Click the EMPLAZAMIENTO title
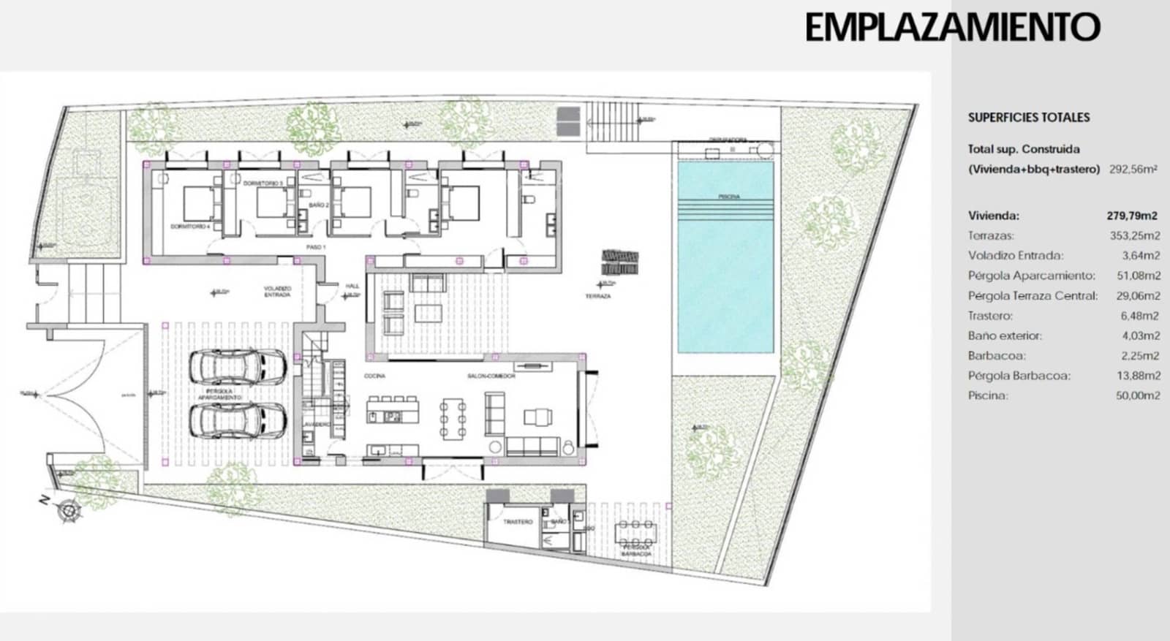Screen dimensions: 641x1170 (952, 28)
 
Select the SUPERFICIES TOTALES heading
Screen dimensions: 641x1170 (1029, 117)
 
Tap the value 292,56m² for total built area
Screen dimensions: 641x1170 (1133, 169)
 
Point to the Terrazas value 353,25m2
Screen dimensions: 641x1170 (1135, 236)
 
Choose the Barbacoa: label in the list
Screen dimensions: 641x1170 (997, 356)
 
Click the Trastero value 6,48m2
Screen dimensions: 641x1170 (1140, 316)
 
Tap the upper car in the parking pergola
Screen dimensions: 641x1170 (238, 365)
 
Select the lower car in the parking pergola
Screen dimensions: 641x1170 (238, 420)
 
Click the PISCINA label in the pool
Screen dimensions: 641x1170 (728, 197)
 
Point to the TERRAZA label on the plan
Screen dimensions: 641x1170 (597, 296)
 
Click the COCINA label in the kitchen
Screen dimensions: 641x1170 (374, 376)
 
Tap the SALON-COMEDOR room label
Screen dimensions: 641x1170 (491, 376)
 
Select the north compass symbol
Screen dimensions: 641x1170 (69, 509)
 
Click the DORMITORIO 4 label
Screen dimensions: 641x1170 (190, 227)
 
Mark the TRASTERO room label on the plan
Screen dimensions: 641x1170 (518, 522)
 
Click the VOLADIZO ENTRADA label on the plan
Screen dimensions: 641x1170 (277, 291)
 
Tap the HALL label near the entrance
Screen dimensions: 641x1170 (352, 286)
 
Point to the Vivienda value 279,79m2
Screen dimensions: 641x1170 (1132, 216)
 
